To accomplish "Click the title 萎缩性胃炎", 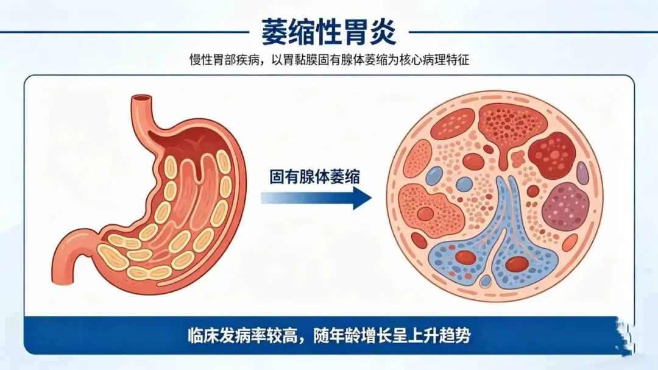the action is pyautogui.click(x=328, y=32).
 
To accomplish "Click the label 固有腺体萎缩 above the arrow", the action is pyautogui.click(x=314, y=177).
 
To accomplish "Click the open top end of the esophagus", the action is pyautogui.click(x=143, y=98).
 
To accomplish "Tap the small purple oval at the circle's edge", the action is pyautogui.click(x=583, y=173).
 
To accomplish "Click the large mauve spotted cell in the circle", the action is pyautogui.click(x=565, y=206).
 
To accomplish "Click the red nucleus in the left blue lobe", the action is pyautogui.click(x=465, y=257).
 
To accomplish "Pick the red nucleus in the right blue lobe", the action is pyautogui.click(x=517, y=263).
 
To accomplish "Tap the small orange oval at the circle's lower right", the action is pyautogui.click(x=569, y=243).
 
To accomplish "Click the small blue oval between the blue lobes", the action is pyautogui.click(x=486, y=281).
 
